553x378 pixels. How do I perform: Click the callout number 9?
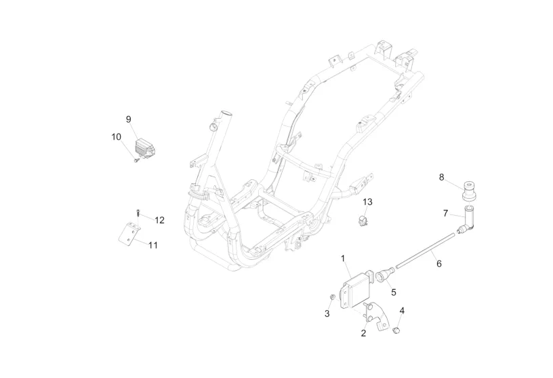[128, 119]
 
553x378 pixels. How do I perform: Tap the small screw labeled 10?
[136, 160]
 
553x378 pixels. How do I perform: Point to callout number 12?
[159, 221]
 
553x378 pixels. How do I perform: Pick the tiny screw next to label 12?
[138, 213]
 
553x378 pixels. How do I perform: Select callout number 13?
[367, 202]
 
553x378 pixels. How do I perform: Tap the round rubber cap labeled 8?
[469, 191]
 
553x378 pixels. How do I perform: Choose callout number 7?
[445, 213]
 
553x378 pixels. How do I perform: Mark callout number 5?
[394, 292]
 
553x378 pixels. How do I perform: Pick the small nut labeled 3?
[332, 297]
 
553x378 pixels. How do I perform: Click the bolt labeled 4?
[397, 330]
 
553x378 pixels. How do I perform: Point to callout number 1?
[343, 259]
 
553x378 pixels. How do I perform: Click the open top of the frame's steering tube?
[226, 115]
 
